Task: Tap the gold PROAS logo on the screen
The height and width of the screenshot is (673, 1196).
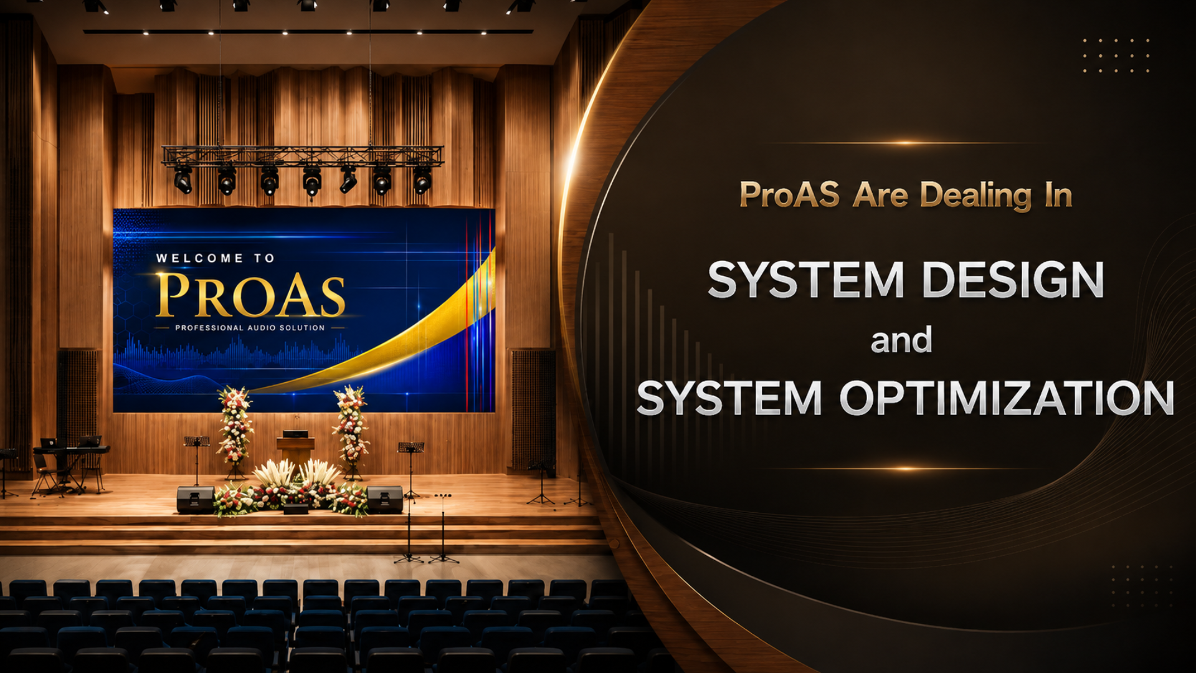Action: click(250, 295)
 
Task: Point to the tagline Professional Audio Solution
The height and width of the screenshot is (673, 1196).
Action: click(250, 328)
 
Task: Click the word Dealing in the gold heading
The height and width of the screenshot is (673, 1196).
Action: click(976, 196)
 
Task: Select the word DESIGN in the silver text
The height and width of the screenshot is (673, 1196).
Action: click(1013, 280)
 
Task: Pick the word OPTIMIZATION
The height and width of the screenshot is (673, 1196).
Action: click(1007, 398)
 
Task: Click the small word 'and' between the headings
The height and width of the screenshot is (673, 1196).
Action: click(901, 340)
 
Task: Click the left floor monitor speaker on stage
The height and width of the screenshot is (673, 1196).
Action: click(196, 499)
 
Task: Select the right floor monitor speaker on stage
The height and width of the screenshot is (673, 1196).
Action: click(385, 499)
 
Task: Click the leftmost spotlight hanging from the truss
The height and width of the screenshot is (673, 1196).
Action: click(183, 179)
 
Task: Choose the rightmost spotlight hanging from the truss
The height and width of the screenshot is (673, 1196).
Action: click(422, 181)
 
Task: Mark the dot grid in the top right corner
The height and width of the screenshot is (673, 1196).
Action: click(1116, 55)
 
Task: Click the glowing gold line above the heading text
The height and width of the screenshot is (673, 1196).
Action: click(904, 143)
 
